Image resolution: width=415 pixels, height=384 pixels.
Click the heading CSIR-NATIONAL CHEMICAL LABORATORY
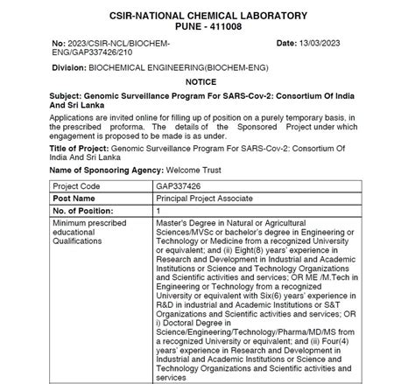click(x=207, y=15)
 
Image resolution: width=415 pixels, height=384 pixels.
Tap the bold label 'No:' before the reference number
click(x=60, y=42)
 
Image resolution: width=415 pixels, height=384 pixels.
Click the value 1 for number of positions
click(x=158, y=211)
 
